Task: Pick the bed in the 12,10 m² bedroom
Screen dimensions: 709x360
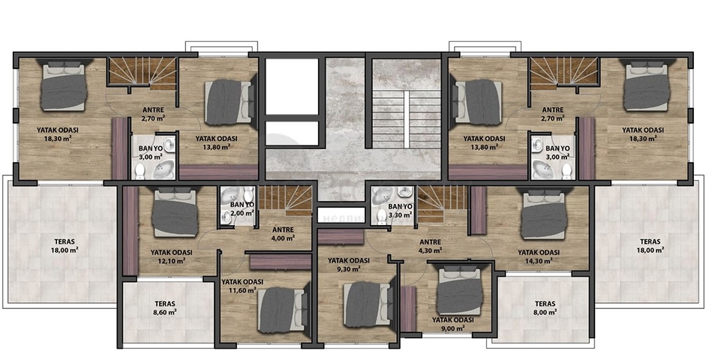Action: (x=175, y=212)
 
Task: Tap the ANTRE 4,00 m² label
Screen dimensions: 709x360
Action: (x=283, y=233)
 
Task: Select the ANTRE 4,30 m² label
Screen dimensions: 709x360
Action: (x=430, y=245)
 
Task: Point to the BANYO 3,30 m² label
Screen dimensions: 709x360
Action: (x=400, y=210)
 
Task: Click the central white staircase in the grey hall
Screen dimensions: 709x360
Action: (x=406, y=119)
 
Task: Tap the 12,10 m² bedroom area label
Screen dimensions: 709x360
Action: (x=171, y=256)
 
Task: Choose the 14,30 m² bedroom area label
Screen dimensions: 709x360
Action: (x=539, y=256)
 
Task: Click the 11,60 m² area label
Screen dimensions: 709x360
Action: (x=242, y=286)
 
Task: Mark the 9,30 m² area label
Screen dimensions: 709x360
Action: (x=349, y=265)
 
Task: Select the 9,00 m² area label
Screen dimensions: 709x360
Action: (x=452, y=324)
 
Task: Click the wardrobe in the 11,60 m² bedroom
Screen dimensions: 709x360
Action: (x=281, y=262)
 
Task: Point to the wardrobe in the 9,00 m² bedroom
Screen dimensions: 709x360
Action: (x=408, y=309)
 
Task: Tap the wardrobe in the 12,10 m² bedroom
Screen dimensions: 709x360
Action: (x=131, y=231)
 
